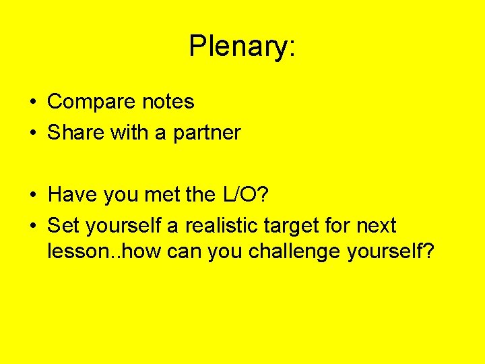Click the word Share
click(76, 133)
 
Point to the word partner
click(207, 133)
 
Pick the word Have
click(73, 195)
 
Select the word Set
click(63, 225)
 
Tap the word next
click(375, 226)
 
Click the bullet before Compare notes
click(33, 102)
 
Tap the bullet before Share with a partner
click(33, 133)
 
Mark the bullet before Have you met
click(33, 195)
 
